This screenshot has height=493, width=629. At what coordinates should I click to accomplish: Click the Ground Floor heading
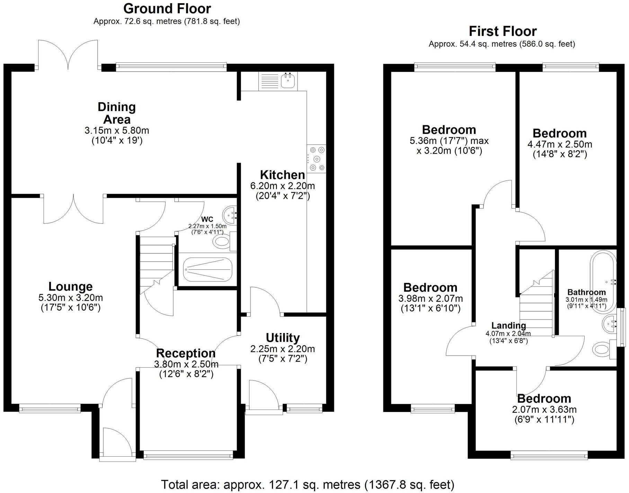coord(167,9)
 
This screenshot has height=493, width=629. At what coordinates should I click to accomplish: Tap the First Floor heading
coord(503,32)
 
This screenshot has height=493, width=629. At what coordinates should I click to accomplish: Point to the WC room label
coord(207,219)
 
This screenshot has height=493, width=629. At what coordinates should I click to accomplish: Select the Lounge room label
coord(70,287)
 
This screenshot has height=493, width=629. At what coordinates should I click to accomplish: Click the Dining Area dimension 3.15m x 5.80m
coord(117,131)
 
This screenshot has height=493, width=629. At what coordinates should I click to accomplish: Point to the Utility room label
coord(283,338)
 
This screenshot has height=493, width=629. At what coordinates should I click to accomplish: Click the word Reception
coord(186,353)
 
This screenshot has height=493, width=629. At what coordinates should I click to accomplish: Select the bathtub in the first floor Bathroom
coord(604,277)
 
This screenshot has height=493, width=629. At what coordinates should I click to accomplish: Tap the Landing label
coord(508,325)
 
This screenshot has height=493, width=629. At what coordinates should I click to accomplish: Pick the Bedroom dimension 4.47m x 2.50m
coord(559,144)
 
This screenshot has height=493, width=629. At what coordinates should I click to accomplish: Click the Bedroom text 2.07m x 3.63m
coord(544,410)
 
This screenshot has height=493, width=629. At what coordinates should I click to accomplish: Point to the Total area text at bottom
coord(308,485)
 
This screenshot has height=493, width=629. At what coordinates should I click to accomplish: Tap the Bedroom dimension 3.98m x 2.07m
coord(431,298)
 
